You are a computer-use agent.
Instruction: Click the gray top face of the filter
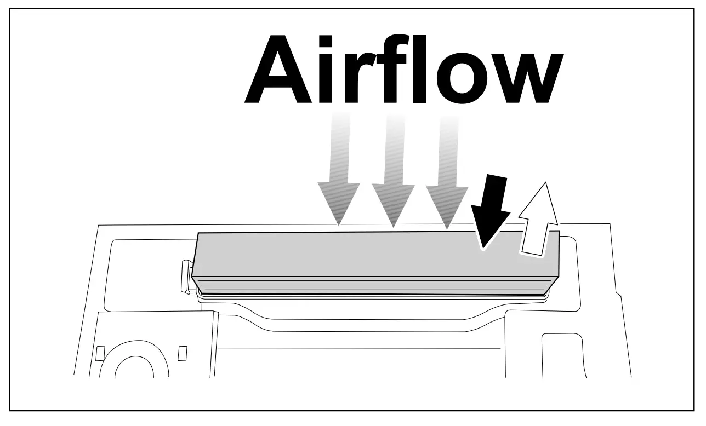[x=356, y=255]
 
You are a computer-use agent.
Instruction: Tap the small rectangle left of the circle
[x=100, y=353]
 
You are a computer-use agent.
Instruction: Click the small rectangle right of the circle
[x=183, y=353]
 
